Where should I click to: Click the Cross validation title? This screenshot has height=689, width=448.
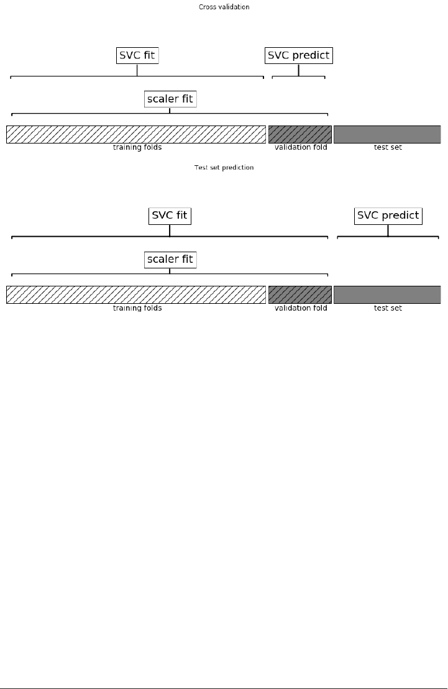pos(224,7)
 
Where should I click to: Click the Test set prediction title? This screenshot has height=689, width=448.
pos(224,168)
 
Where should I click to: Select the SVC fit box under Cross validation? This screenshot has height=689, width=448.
pos(137,55)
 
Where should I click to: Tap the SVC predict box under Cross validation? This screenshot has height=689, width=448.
pos(298,55)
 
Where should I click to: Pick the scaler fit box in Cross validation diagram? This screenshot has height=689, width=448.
pos(170,99)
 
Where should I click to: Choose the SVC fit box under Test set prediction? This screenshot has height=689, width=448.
pos(170,216)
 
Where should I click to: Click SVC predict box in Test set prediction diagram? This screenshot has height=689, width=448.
pos(388,216)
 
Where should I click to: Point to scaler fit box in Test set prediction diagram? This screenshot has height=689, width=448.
pos(170,259)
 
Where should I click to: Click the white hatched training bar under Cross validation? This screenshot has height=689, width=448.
pos(135,134)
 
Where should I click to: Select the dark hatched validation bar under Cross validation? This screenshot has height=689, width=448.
pos(299,134)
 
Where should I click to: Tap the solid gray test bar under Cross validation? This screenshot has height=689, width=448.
pos(387,134)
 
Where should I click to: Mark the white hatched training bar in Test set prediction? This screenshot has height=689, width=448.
pos(135,294)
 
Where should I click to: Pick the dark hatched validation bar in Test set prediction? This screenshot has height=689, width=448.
pos(299,294)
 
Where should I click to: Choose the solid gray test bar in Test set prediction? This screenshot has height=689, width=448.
pos(387,294)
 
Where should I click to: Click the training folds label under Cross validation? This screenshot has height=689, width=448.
pos(137,148)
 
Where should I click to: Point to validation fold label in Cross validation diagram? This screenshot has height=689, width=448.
pos(301,148)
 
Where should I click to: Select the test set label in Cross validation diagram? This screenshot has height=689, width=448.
pos(388,148)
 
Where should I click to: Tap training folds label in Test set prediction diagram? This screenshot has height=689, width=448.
pos(137,308)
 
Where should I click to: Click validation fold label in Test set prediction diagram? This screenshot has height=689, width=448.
pos(301,308)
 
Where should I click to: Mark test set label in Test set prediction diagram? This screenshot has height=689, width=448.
pos(388,308)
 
